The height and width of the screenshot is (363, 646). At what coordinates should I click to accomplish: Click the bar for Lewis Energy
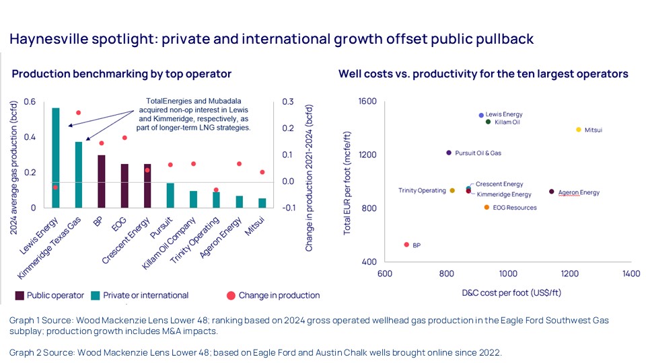(56, 157)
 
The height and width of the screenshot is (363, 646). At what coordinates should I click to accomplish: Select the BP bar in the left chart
(101, 181)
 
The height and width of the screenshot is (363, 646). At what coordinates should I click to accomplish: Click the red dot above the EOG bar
(124, 138)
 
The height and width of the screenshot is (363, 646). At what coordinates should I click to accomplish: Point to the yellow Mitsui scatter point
(578, 130)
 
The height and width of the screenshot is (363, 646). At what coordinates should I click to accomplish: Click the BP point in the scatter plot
(406, 245)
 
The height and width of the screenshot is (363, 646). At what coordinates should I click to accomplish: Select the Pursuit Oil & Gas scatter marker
(449, 153)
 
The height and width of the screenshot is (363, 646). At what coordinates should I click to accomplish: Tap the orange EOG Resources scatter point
(487, 207)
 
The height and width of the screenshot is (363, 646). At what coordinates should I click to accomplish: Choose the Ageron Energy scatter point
(552, 192)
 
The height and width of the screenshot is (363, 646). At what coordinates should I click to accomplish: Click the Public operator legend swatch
(20, 295)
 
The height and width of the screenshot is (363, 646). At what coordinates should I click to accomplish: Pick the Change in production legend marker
(231, 295)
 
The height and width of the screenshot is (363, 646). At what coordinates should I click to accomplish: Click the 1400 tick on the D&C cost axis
(631, 274)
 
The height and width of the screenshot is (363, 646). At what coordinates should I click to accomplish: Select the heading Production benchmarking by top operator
(121, 74)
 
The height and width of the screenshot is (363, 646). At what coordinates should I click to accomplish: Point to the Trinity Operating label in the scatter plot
(422, 191)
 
